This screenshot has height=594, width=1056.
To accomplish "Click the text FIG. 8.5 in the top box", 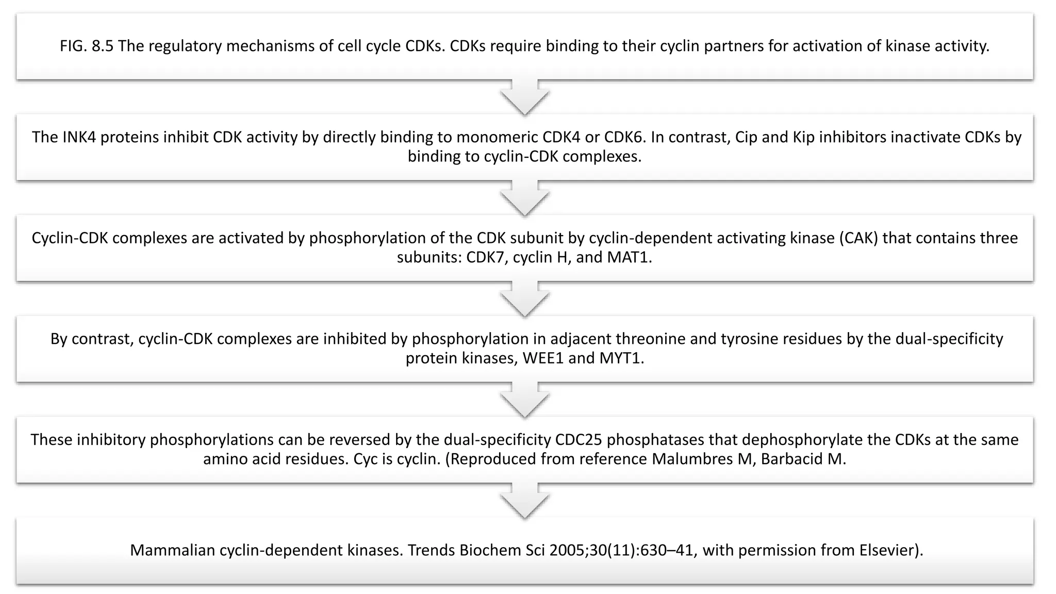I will [x=86, y=46].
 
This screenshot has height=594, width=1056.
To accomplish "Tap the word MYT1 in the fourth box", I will [x=621, y=358].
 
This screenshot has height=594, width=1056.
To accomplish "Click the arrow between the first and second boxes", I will [x=525, y=97].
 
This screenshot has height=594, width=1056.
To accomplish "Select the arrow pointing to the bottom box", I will [x=525, y=501].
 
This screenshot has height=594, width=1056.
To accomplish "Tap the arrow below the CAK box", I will [x=525, y=300].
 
